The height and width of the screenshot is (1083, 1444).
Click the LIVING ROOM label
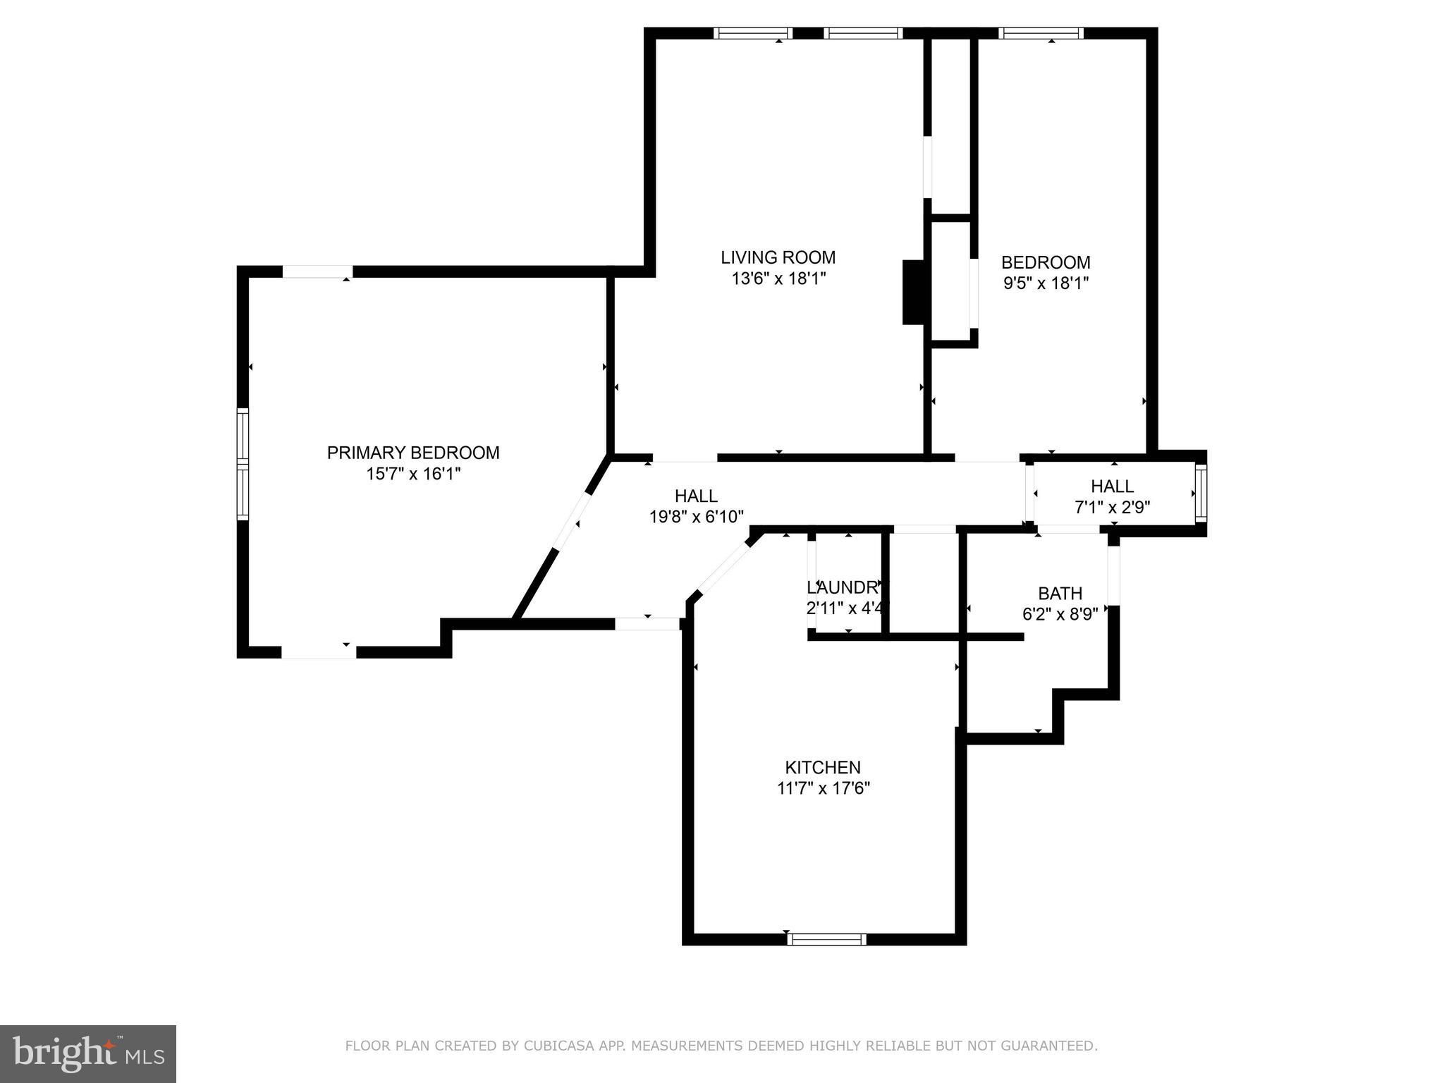778,257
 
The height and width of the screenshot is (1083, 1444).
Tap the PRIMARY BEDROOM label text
413,453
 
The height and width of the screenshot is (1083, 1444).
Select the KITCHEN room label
823,767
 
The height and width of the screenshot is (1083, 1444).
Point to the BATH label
1060,594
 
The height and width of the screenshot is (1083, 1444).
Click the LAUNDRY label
845,587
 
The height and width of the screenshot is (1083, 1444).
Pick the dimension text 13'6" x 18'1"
778,279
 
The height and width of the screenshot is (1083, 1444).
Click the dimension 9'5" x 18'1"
1046,283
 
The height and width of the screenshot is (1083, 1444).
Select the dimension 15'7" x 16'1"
413,474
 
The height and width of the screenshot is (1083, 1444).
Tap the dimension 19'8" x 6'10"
696,517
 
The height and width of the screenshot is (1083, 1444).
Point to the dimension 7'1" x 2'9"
1112,507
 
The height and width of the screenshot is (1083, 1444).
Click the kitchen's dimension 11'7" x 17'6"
823,788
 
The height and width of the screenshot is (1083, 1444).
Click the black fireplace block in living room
913,293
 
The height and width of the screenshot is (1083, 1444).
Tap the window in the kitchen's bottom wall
826,938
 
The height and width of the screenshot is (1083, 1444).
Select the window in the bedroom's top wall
1041,32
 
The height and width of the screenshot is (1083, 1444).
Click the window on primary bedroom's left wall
243,464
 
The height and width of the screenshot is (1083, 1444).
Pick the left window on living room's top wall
752,32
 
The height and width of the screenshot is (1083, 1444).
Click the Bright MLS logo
88,1053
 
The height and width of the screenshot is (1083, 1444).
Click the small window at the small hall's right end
1201,493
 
